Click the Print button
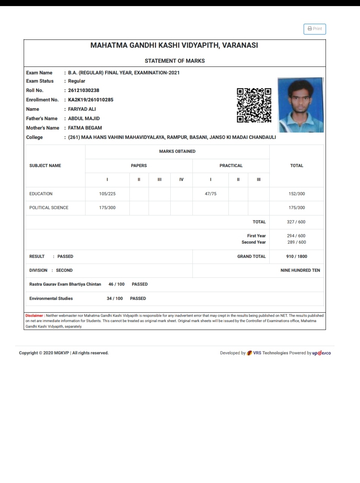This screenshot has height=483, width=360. tap(315, 29)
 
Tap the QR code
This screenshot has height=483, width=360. tap(254, 105)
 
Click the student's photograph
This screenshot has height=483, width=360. tap(300, 105)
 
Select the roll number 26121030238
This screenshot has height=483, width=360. tap(84, 90)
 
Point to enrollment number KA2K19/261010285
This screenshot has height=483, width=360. tap(90, 100)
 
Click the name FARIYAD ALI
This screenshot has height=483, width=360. tap(82, 109)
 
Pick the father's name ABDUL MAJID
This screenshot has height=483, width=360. tap(84, 119)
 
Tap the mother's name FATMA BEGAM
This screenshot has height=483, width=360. tap(85, 128)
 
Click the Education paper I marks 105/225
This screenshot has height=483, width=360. tap(107, 194)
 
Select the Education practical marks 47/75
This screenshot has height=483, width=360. tap(210, 194)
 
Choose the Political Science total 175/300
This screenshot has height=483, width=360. tap(297, 208)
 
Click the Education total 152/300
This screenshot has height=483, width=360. tap(297, 194)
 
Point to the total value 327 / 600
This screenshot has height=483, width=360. tap(296, 222)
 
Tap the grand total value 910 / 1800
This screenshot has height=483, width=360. tap(296, 257)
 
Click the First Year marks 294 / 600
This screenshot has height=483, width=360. tap(296, 236)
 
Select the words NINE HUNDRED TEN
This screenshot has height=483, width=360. tap(300, 271)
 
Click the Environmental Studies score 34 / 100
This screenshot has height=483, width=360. tap(115, 299)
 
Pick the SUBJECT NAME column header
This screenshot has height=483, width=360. tap(45, 166)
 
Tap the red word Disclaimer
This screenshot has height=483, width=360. tap(34, 316)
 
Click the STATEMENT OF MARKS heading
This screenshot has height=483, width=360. tap(175, 61)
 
